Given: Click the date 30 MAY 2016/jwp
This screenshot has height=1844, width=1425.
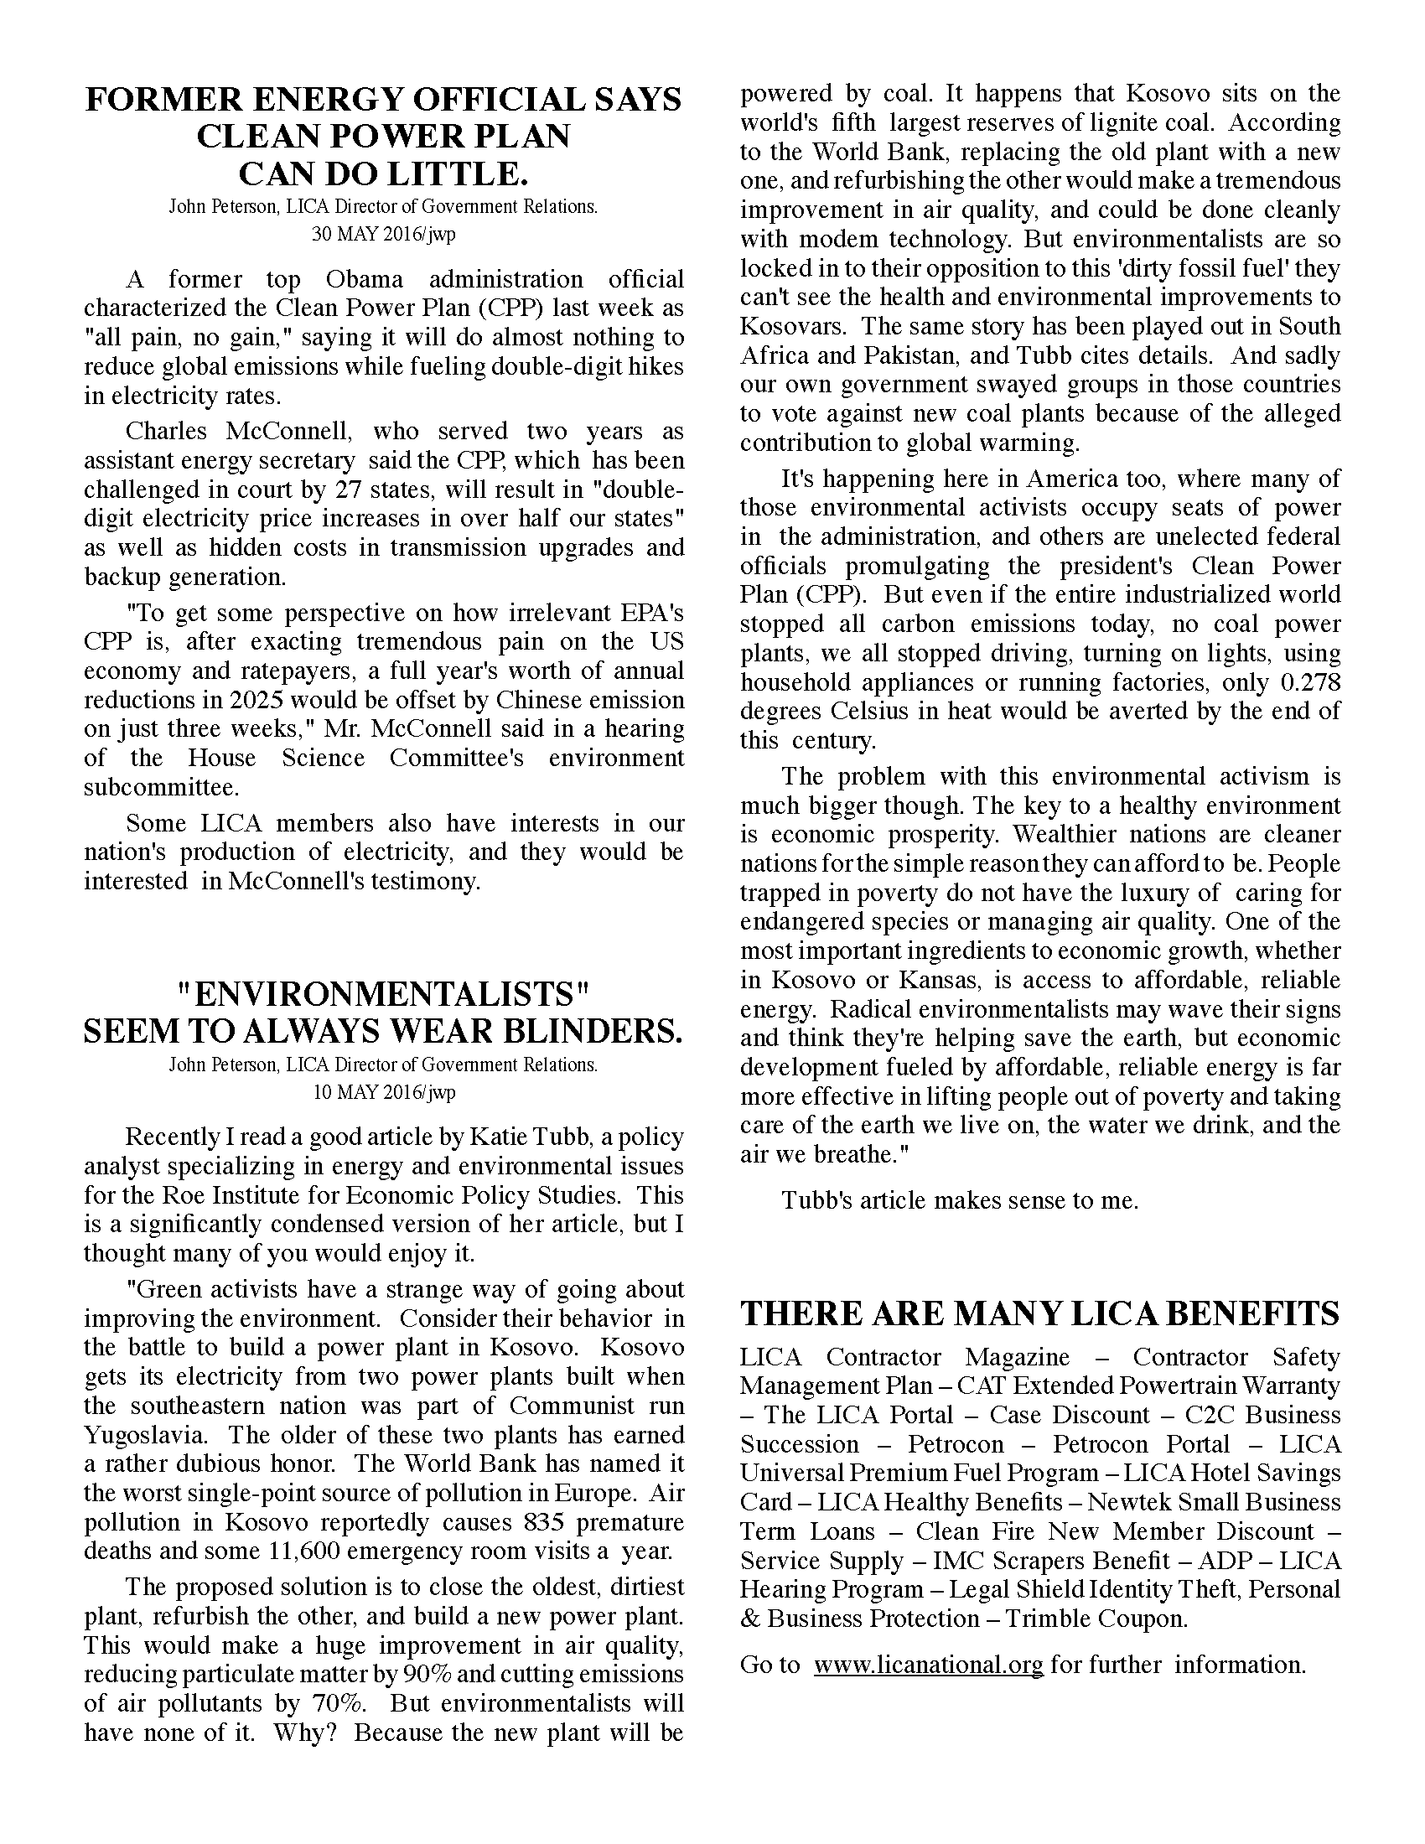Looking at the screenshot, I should [383, 234].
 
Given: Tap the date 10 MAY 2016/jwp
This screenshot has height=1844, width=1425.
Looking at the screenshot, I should [383, 1091].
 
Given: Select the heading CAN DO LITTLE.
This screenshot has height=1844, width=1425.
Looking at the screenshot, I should [383, 174].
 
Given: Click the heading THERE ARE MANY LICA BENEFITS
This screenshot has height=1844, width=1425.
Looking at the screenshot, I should [1040, 1313].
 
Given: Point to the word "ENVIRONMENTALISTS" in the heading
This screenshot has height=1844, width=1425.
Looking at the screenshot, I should [383, 994].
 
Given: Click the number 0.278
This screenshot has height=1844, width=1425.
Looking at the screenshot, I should [1307, 682].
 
